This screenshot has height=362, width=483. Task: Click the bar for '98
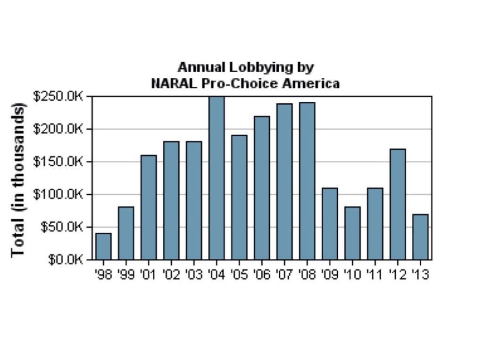pyautogui.click(x=103, y=246)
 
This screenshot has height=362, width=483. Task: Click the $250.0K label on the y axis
pyautogui.click(x=58, y=96)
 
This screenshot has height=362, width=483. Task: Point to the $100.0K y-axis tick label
pyautogui.click(x=58, y=194)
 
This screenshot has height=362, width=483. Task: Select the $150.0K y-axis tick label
pyautogui.click(x=58, y=162)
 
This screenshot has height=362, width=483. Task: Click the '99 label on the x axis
pyautogui.click(x=126, y=274)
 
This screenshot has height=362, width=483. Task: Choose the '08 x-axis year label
pyautogui.click(x=307, y=274)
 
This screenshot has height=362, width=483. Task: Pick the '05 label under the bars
pyautogui.click(x=239, y=274)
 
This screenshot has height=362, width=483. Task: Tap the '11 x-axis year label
pyautogui.click(x=375, y=274)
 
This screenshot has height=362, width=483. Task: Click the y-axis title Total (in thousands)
pyautogui.click(x=18, y=179)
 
